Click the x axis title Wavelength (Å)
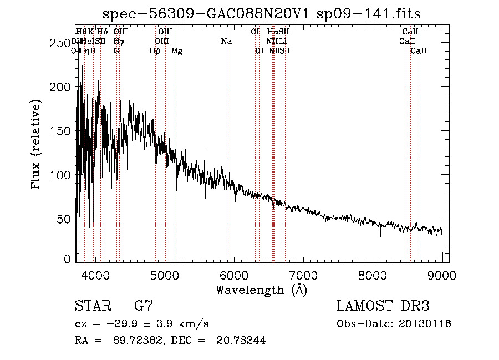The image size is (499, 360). [x=261, y=290]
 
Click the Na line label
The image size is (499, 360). [x=226, y=41]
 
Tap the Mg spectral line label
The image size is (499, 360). [x=176, y=51]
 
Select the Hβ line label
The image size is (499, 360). [x=155, y=51]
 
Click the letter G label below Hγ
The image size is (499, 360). [x=116, y=51]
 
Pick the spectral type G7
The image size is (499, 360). [x=143, y=306]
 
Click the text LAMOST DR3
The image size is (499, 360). [x=383, y=306]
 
